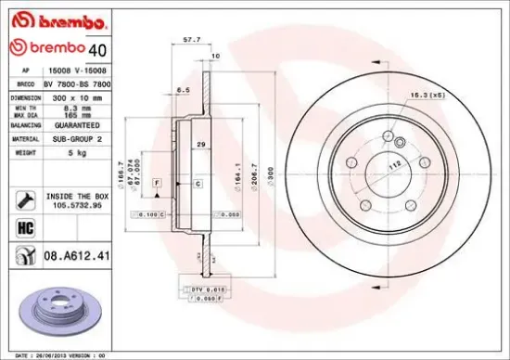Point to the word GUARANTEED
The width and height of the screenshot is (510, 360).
[x=72, y=123]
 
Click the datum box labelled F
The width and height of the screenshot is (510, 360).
[x=157, y=184]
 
